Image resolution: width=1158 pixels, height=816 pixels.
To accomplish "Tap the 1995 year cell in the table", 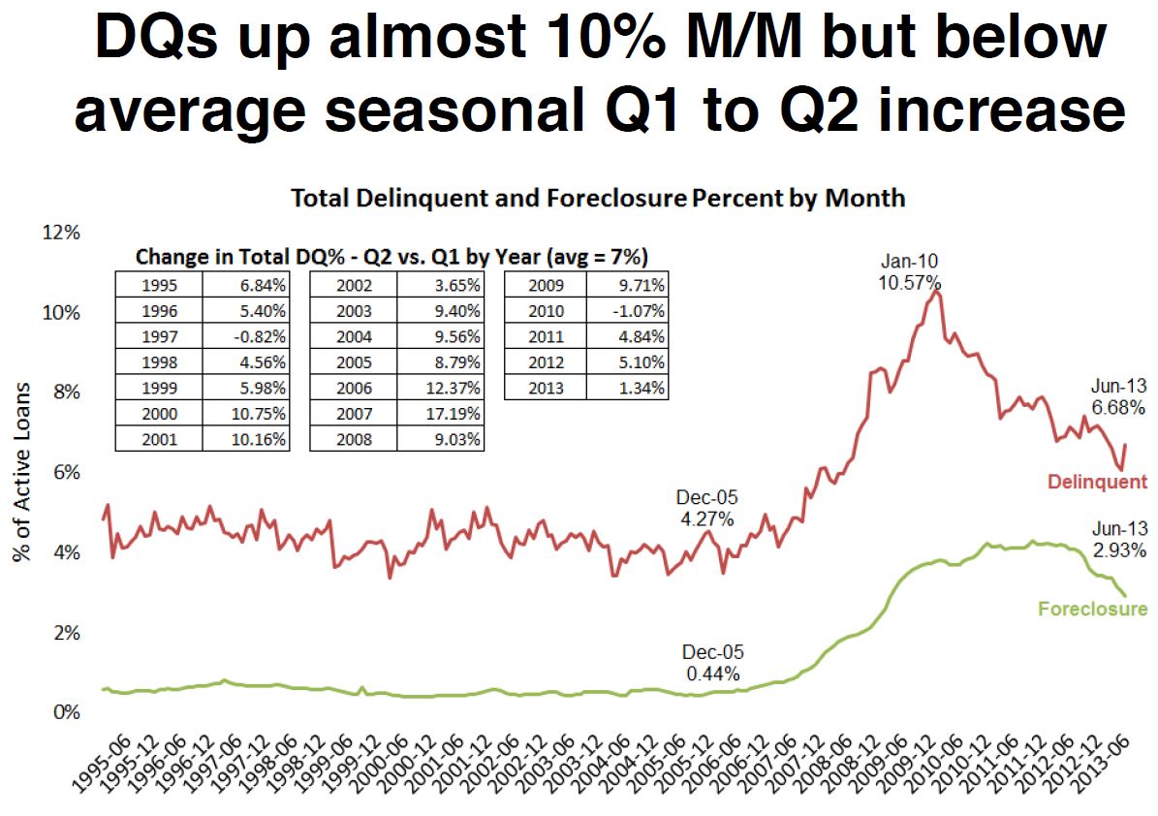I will (x=158, y=285).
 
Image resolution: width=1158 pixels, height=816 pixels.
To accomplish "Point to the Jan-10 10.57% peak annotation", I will (x=910, y=272).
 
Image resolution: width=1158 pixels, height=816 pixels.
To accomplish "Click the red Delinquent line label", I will (x=1097, y=482).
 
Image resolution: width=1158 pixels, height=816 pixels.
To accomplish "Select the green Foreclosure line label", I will (x=1092, y=609).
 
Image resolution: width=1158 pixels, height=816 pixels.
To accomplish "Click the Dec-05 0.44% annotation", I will (x=712, y=663).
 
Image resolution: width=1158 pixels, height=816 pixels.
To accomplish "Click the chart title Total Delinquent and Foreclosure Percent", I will (x=598, y=199).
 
